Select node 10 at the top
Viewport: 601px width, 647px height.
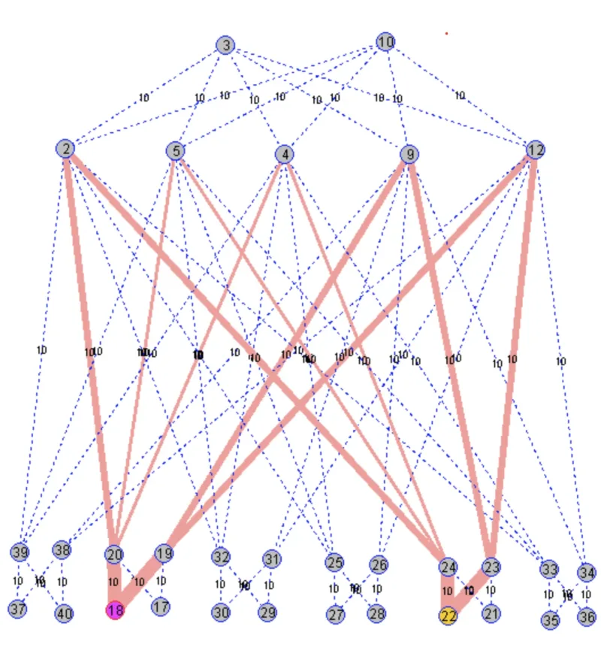385,42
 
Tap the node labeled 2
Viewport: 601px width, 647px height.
66,149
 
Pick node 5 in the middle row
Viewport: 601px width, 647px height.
176,151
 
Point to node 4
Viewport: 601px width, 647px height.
284,155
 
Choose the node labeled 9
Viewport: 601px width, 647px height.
409,155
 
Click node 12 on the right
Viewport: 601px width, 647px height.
535,149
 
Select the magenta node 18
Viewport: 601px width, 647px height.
114,609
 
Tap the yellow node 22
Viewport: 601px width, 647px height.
448,615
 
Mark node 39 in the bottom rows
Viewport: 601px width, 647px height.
20,552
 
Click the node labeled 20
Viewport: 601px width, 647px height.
113,555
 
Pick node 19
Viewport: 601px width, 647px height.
165,554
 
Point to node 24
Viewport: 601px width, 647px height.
448,567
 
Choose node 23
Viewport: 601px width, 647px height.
491,567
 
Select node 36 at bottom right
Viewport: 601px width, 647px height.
587,615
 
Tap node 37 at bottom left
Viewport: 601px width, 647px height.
17,609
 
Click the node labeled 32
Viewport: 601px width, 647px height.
220,558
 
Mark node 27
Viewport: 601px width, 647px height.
335,614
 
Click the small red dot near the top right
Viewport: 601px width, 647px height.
446,33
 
